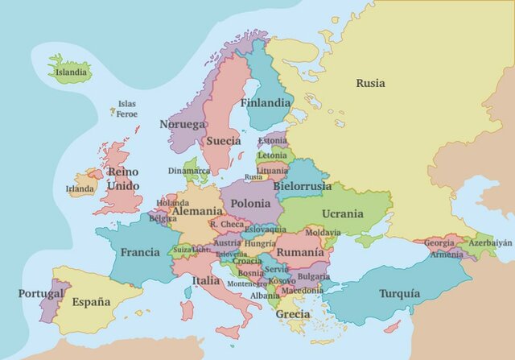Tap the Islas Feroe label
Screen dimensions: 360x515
click(x=126, y=109)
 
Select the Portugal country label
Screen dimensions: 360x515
click(x=40, y=294)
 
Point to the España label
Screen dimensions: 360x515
click(x=90, y=302)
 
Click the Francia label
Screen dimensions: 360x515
click(x=140, y=252)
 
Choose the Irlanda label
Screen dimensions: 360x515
click(x=80, y=189)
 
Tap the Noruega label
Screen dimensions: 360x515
click(x=182, y=125)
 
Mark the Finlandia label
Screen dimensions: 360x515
click(x=266, y=103)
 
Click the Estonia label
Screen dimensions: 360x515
click(x=272, y=140)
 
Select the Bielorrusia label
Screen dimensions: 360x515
click(x=302, y=186)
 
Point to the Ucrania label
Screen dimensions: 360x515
click(x=343, y=214)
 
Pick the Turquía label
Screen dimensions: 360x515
click(x=399, y=293)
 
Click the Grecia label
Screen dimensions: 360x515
click(x=293, y=314)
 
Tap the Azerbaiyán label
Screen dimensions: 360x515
click(x=490, y=242)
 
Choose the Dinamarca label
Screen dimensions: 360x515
click(x=189, y=171)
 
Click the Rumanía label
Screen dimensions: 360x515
click(x=300, y=252)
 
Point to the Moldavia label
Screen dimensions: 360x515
click(x=323, y=233)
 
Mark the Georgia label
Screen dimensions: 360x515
click(x=439, y=242)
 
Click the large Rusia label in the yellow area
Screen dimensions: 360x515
click(x=370, y=83)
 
